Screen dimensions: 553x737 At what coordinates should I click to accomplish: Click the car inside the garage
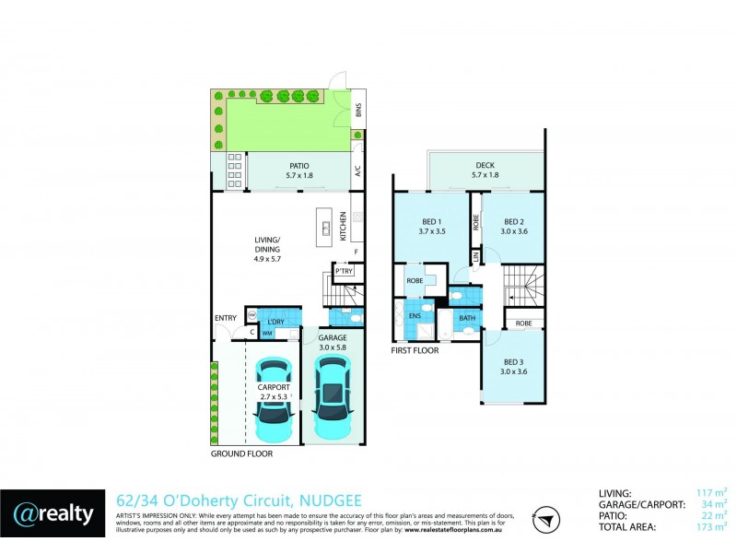(333, 397)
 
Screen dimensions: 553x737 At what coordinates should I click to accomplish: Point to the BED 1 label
(432, 221)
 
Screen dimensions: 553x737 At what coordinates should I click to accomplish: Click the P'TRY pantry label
(344, 272)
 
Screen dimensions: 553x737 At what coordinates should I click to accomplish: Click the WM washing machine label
(267, 332)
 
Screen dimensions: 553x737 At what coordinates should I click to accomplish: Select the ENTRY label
(225, 319)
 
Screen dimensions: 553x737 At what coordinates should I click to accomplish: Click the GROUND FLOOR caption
(242, 453)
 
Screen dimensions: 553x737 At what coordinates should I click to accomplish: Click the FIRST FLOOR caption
(415, 351)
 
